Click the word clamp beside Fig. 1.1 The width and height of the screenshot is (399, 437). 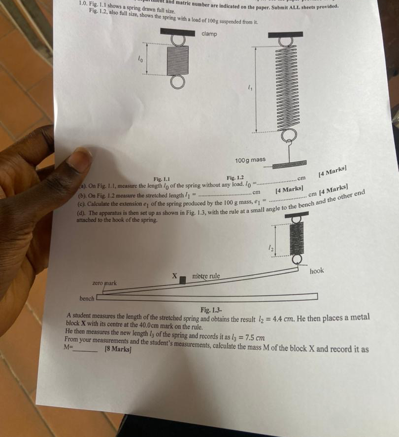(209, 34)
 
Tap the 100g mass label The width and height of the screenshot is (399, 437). (250, 160)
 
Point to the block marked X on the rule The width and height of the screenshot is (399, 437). (182, 280)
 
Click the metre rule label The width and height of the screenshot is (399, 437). (206, 276)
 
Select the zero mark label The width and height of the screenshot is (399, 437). (104, 283)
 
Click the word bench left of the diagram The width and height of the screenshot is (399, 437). (87, 299)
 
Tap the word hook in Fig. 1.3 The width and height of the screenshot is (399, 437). (317, 271)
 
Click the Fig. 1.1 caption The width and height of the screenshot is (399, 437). (162, 179)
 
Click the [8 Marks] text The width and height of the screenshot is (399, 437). (118, 349)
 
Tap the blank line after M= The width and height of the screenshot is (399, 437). (86, 348)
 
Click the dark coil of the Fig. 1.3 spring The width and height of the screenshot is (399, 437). (297, 238)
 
